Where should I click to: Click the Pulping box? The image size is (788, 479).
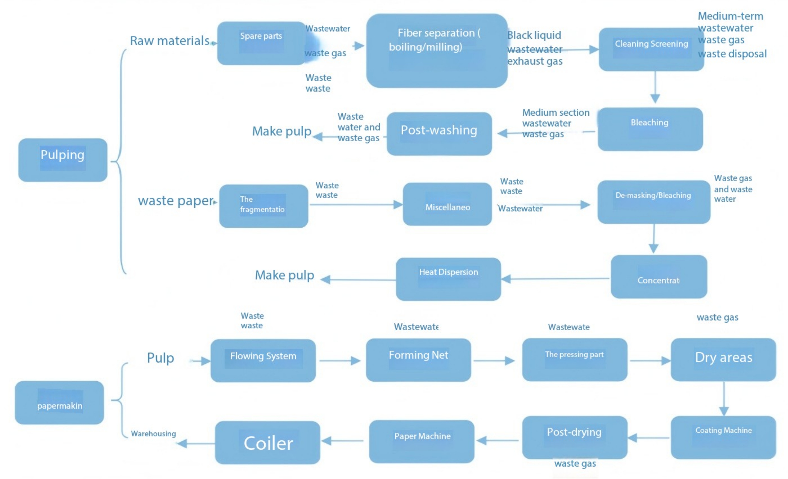[63, 160]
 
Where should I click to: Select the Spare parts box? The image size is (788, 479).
[261, 43]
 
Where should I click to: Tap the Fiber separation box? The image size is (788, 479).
[437, 51]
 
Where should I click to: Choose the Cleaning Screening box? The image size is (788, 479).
[651, 49]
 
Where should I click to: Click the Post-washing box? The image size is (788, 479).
[439, 134]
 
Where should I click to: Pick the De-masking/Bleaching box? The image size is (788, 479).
[654, 202]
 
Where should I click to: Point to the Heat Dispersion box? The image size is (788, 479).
[448, 279]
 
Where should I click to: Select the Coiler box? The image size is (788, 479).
[267, 442]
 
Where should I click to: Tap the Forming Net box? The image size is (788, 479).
[418, 360]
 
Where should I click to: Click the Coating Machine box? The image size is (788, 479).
[723, 437]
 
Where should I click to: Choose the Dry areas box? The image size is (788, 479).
[723, 359]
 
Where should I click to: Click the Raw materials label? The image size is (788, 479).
[170, 41]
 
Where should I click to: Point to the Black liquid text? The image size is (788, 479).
[534, 35]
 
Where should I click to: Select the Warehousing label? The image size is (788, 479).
[153, 434]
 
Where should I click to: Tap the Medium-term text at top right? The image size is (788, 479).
[730, 16]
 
